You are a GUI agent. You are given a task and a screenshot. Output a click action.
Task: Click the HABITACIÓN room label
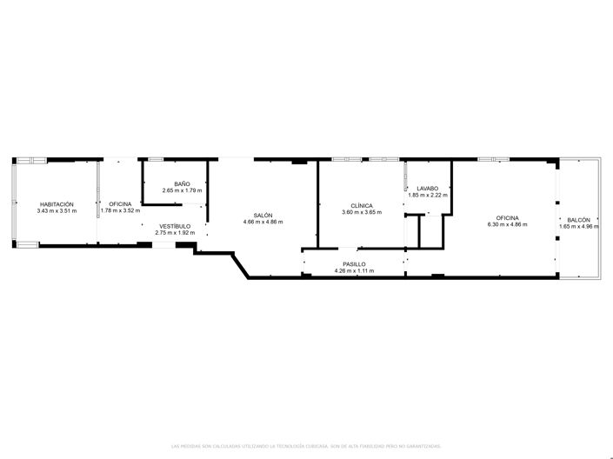[56, 203]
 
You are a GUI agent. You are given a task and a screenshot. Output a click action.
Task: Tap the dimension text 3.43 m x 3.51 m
[56, 210]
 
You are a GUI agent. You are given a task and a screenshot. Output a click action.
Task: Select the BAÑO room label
[182, 183]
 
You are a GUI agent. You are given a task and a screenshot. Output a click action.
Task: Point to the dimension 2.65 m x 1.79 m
[182, 190]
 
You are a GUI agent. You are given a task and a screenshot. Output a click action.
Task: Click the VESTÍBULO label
[174, 226]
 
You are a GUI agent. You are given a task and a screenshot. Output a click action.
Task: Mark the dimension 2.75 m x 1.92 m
[174, 233]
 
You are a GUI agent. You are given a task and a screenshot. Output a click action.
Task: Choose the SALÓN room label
[263, 215]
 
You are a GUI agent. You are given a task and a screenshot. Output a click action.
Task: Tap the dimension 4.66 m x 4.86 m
[263, 222]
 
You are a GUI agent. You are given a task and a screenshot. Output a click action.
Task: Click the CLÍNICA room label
[362, 205]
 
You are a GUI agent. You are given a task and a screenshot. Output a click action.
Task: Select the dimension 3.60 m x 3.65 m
[362, 212]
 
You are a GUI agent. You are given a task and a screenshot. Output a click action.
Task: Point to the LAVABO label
[427, 188]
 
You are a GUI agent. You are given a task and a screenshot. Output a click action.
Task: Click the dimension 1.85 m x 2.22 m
[427, 195]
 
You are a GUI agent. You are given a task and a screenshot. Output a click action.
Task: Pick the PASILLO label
[354, 263]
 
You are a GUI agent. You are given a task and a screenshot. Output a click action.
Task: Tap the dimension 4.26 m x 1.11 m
[354, 270]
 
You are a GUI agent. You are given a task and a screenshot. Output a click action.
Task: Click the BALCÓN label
[578, 220]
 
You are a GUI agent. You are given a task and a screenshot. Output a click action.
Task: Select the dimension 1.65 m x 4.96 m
[578, 227]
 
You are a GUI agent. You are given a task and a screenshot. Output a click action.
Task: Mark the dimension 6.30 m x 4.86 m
[508, 224]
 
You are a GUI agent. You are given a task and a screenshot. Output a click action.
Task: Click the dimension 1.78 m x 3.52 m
[120, 210]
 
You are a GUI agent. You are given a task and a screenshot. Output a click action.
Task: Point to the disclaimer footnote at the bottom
[306, 444]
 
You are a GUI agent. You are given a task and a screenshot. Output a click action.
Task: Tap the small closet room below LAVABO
[431, 231]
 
